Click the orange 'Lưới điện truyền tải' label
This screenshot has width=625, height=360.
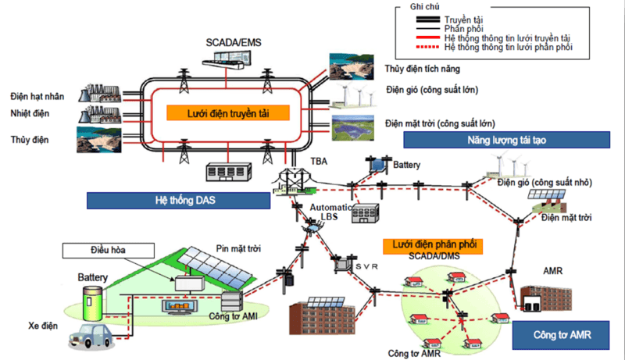pyautogui.click(x=227, y=112)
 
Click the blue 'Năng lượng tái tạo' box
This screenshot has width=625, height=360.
pyautogui.click(x=505, y=140)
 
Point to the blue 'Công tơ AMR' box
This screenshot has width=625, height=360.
pyautogui.click(x=561, y=337)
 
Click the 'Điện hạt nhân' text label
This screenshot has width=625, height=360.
pyautogui.click(x=37, y=96)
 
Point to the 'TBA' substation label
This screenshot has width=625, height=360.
pyautogui.click(x=320, y=161)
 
